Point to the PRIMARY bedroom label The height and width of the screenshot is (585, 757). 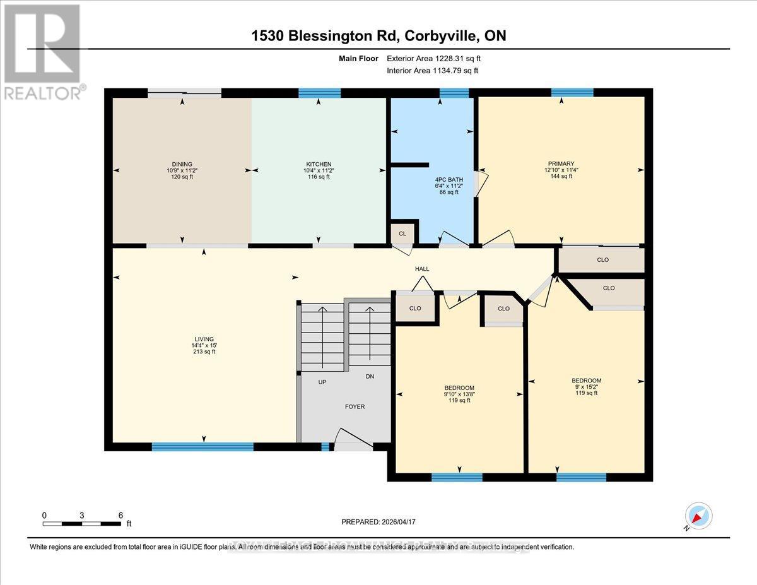(x=561, y=163)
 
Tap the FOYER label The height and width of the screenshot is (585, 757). (x=355, y=407)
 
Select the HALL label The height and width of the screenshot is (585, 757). (x=422, y=269)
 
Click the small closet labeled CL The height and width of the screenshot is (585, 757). (x=402, y=233)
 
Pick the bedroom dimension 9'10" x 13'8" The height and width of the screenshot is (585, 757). (x=459, y=394)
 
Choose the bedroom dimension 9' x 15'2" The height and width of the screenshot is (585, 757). (x=586, y=387)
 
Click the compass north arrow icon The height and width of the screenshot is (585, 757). (x=698, y=516)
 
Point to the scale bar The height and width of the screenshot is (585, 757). (x=82, y=523)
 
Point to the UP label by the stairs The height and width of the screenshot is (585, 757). (x=322, y=382)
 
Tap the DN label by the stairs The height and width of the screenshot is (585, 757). (x=371, y=377)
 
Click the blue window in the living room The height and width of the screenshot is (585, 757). (x=202, y=447)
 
